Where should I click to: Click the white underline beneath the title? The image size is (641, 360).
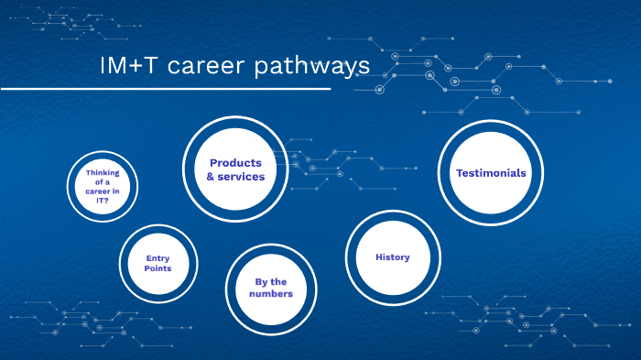(x=165, y=90)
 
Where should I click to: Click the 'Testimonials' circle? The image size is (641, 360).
(x=491, y=172)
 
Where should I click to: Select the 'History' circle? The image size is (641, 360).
(x=392, y=256)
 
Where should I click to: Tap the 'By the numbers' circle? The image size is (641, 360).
(x=270, y=288)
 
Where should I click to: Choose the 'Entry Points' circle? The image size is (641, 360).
(x=158, y=264)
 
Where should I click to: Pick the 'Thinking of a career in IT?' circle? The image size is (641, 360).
(x=103, y=186)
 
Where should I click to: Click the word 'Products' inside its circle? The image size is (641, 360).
(x=235, y=162)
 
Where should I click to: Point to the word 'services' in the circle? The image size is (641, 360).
(x=242, y=177)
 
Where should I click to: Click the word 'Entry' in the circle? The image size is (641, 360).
(x=158, y=258)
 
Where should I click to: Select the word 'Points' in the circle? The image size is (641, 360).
(x=158, y=269)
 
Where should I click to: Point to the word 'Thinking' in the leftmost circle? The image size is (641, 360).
(x=103, y=172)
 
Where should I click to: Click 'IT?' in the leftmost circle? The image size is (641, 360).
(x=103, y=201)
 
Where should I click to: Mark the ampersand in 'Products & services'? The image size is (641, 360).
(x=211, y=177)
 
